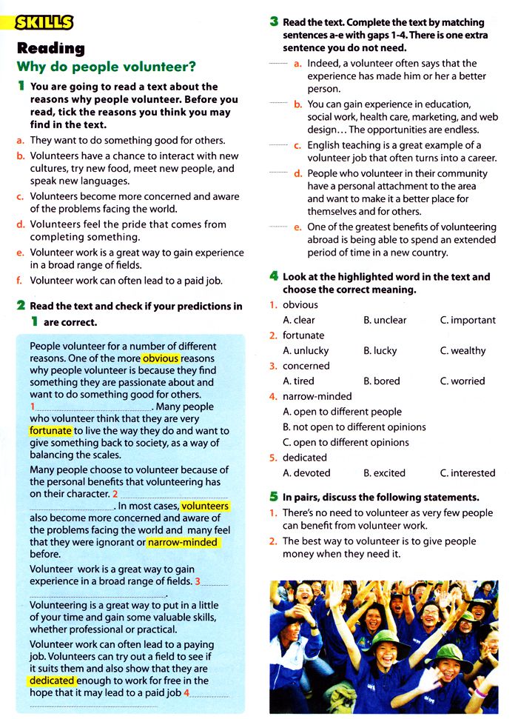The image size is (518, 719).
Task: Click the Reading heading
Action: [51, 48]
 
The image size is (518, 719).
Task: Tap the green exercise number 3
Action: [274, 22]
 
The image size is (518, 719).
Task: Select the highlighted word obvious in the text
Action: [161, 358]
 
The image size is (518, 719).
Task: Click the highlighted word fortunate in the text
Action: [51, 430]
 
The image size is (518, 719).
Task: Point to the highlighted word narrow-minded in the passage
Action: [183, 542]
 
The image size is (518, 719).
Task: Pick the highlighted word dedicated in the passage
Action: [52, 680]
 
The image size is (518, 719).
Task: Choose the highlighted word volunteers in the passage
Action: [205, 506]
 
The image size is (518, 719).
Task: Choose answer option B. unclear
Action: [385, 320]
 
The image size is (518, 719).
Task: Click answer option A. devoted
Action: [306, 472]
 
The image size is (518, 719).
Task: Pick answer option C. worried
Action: [462, 381]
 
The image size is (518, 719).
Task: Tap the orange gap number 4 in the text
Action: [187, 693]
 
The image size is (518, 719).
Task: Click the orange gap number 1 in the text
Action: [33, 407]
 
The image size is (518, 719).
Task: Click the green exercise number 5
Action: [274, 497]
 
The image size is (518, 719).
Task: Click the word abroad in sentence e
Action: [322, 240]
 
